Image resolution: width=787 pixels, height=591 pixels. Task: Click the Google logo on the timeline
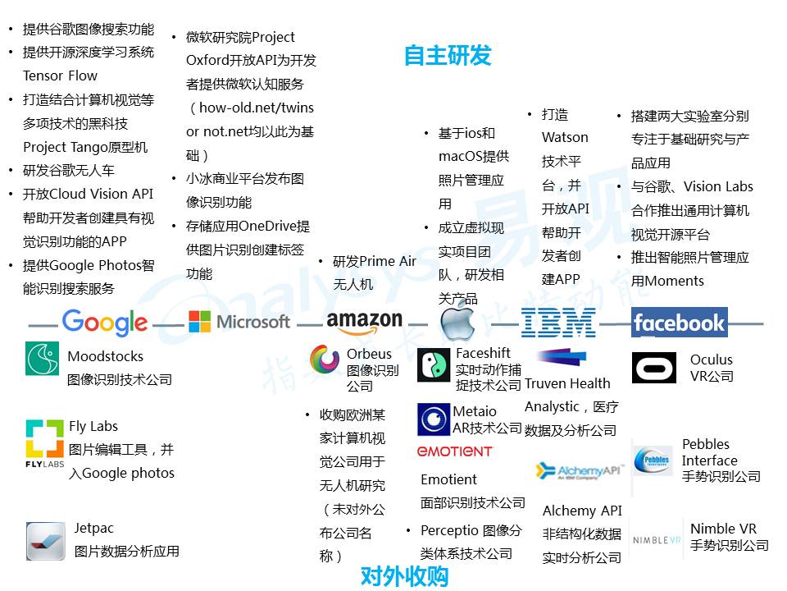click(105, 323)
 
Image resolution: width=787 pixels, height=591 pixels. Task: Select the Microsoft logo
click(239, 321)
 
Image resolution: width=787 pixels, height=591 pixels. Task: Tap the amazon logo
click(364, 323)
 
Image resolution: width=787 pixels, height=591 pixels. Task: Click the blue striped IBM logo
click(558, 322)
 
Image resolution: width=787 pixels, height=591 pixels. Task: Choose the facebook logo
click(679, 322)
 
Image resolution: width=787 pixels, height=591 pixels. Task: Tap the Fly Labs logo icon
click(44, 442)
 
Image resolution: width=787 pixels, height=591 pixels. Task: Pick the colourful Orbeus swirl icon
click(325, 359)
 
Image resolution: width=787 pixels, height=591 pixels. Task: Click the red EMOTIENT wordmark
click(455, 451)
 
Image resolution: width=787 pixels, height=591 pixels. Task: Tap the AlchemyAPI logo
click(579, 471)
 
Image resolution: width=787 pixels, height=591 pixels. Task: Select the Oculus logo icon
click(654, 368)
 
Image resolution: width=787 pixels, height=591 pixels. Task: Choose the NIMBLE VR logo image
click(657, 539)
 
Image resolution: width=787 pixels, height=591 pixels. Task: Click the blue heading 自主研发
click(448, 55)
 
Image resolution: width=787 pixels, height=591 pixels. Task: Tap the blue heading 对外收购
click(404, 576)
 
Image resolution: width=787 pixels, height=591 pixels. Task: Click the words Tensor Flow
click(60, 76)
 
